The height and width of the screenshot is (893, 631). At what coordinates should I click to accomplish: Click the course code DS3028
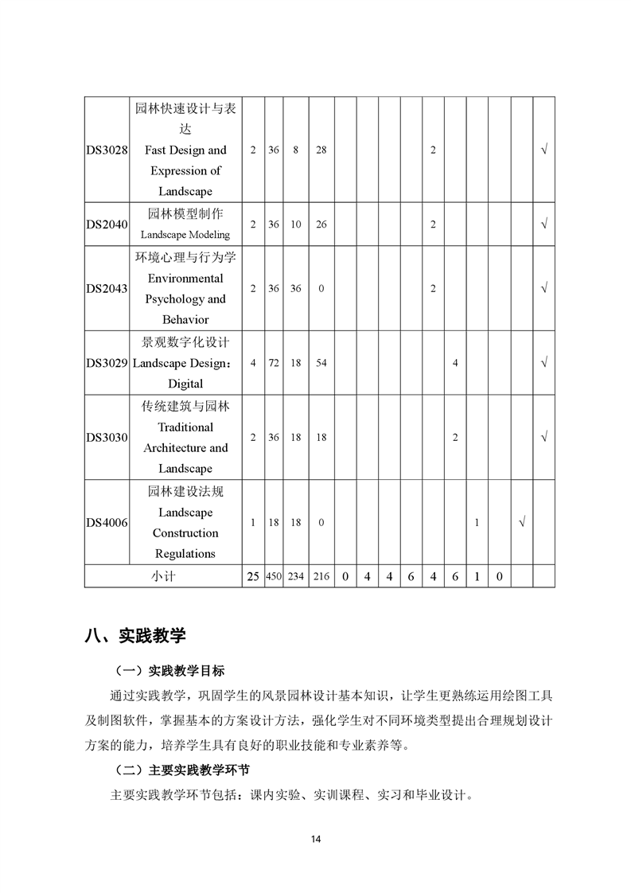107,150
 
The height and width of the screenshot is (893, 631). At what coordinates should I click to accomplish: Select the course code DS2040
107,224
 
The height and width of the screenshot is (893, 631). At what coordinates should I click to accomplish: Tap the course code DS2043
107,289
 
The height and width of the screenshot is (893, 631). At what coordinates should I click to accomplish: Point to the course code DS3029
107,363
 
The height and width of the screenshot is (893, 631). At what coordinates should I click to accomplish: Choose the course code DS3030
107,437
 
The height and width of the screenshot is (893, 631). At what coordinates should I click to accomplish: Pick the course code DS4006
107,523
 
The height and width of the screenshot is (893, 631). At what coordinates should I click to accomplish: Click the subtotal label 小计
163,576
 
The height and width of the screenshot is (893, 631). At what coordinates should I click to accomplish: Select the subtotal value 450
274,576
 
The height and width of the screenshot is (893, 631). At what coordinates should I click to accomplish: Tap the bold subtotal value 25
253,576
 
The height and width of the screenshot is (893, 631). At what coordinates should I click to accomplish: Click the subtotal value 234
295,576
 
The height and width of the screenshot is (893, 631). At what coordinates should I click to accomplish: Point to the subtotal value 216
321,576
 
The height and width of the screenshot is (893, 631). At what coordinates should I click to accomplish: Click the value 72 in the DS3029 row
274,363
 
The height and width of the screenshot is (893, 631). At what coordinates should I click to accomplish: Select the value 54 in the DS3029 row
321,363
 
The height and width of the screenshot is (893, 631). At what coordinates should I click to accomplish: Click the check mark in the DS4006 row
521,523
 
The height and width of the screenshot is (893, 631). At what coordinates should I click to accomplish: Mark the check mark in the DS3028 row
543,150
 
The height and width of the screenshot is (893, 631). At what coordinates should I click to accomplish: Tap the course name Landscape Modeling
185,235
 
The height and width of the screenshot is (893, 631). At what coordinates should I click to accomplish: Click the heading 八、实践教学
134,635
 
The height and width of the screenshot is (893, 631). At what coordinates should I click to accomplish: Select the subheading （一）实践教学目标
170,671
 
